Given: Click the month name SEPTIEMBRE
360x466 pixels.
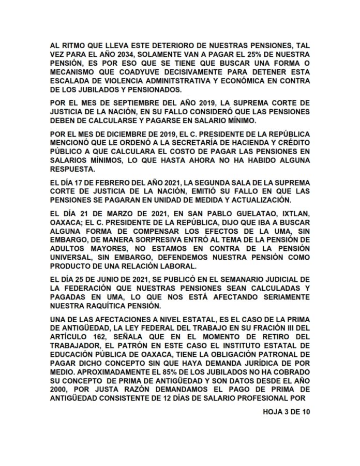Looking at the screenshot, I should click(x=120, y=103).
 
